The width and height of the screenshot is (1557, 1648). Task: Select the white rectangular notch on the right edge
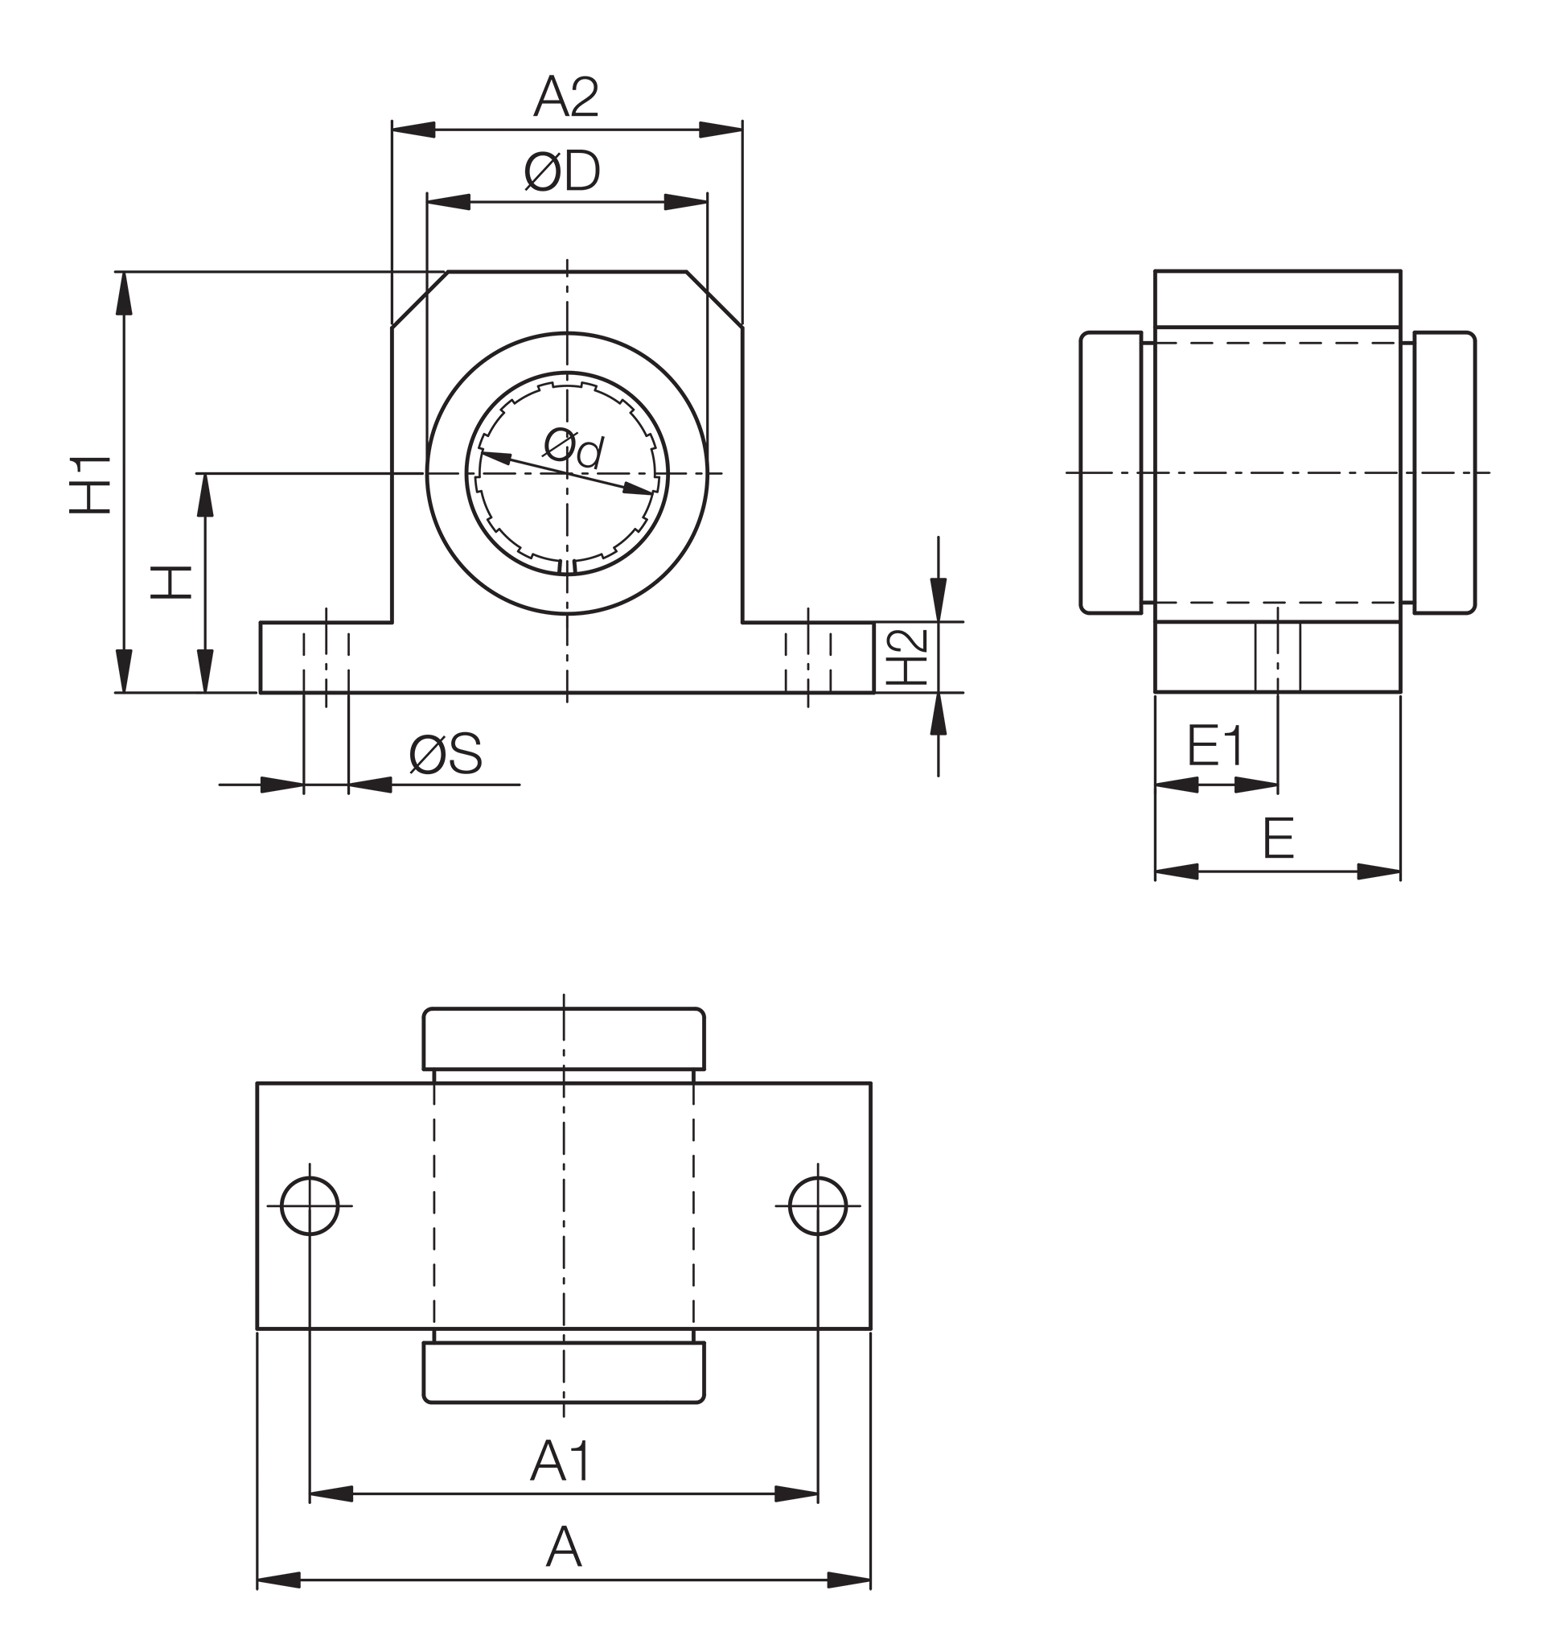coord(1517,597)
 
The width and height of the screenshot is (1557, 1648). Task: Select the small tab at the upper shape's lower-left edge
coord(116,666)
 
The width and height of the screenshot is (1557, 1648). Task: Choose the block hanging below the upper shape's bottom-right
coord(1353,838)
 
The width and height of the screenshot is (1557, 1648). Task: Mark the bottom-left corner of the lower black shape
coord(253,1594)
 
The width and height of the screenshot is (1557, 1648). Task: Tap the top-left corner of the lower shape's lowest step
coord(253,1077)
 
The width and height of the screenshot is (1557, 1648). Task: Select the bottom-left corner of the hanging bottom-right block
coord(1152,880)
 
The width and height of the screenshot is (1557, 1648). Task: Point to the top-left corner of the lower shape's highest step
coord(562,993)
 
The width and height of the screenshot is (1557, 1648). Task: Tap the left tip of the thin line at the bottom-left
coord(215,785)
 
